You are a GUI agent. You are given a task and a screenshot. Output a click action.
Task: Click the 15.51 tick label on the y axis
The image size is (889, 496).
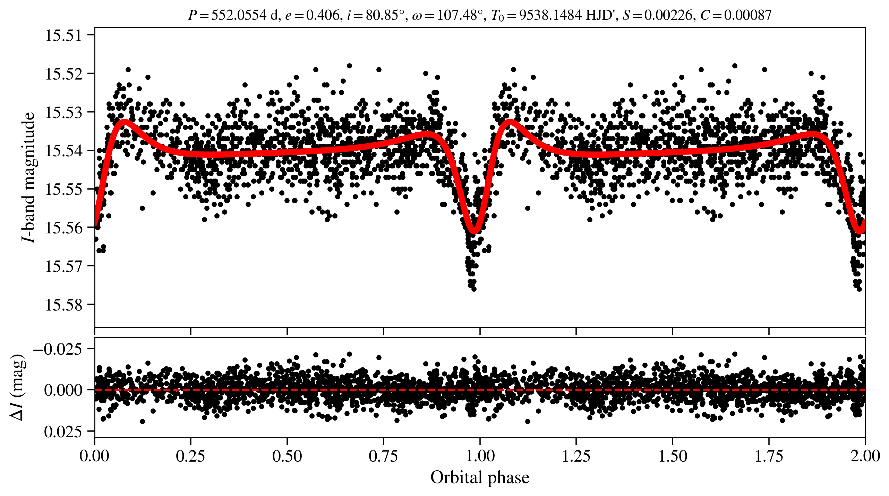click(63, 36)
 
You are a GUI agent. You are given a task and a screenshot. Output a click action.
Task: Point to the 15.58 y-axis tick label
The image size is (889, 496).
click(63, 305)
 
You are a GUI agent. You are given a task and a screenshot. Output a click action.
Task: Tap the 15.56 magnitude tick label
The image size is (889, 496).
click(63, 228)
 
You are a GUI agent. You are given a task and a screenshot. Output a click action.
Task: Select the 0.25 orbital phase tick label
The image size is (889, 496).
click(190, 456)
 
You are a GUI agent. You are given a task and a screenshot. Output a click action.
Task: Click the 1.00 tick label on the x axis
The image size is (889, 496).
click(480, 456)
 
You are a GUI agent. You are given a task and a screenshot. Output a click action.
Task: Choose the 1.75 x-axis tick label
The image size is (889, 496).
click(769, 456)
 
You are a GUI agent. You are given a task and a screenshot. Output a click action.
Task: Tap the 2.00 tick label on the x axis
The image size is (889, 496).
click(865, 456)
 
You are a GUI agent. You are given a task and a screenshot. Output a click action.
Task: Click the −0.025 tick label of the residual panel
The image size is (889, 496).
click(58, 349)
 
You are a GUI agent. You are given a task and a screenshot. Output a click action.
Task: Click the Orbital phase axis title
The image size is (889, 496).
click(480, 478)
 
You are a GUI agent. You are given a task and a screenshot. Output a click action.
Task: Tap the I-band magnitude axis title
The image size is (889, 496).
click(28, 177)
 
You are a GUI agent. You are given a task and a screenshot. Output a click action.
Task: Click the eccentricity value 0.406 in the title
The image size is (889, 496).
click(322, 15)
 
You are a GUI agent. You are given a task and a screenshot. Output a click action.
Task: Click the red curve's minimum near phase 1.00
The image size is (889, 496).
click(474, 230)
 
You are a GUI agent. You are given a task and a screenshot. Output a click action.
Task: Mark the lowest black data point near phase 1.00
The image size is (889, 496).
click(474, 289)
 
